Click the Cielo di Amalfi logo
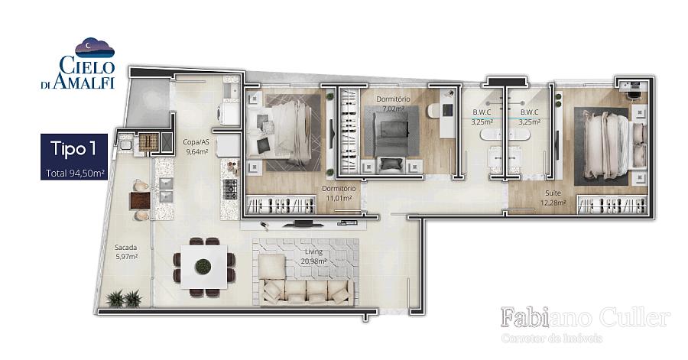click(x=78, y=63)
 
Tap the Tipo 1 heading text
click(x=73, y=148)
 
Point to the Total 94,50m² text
click(x=75, y=174)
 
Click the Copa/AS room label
click(x=196, y=147)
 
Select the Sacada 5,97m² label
click(x=126, y=252)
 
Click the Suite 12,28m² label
click(x=553, y=197)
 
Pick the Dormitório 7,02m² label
click(x=393, y=103)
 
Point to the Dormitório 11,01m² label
click(x=339, y=193)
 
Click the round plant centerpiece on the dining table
click(x=203, y=266)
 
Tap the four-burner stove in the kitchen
click(x=231, y=189)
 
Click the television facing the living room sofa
click(x=303, y=224)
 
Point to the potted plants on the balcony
click(x=125, y=299)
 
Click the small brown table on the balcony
click(x=140, y=200)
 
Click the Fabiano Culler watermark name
click(x=586, y=317)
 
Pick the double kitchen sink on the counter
click(x=167, y=190)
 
